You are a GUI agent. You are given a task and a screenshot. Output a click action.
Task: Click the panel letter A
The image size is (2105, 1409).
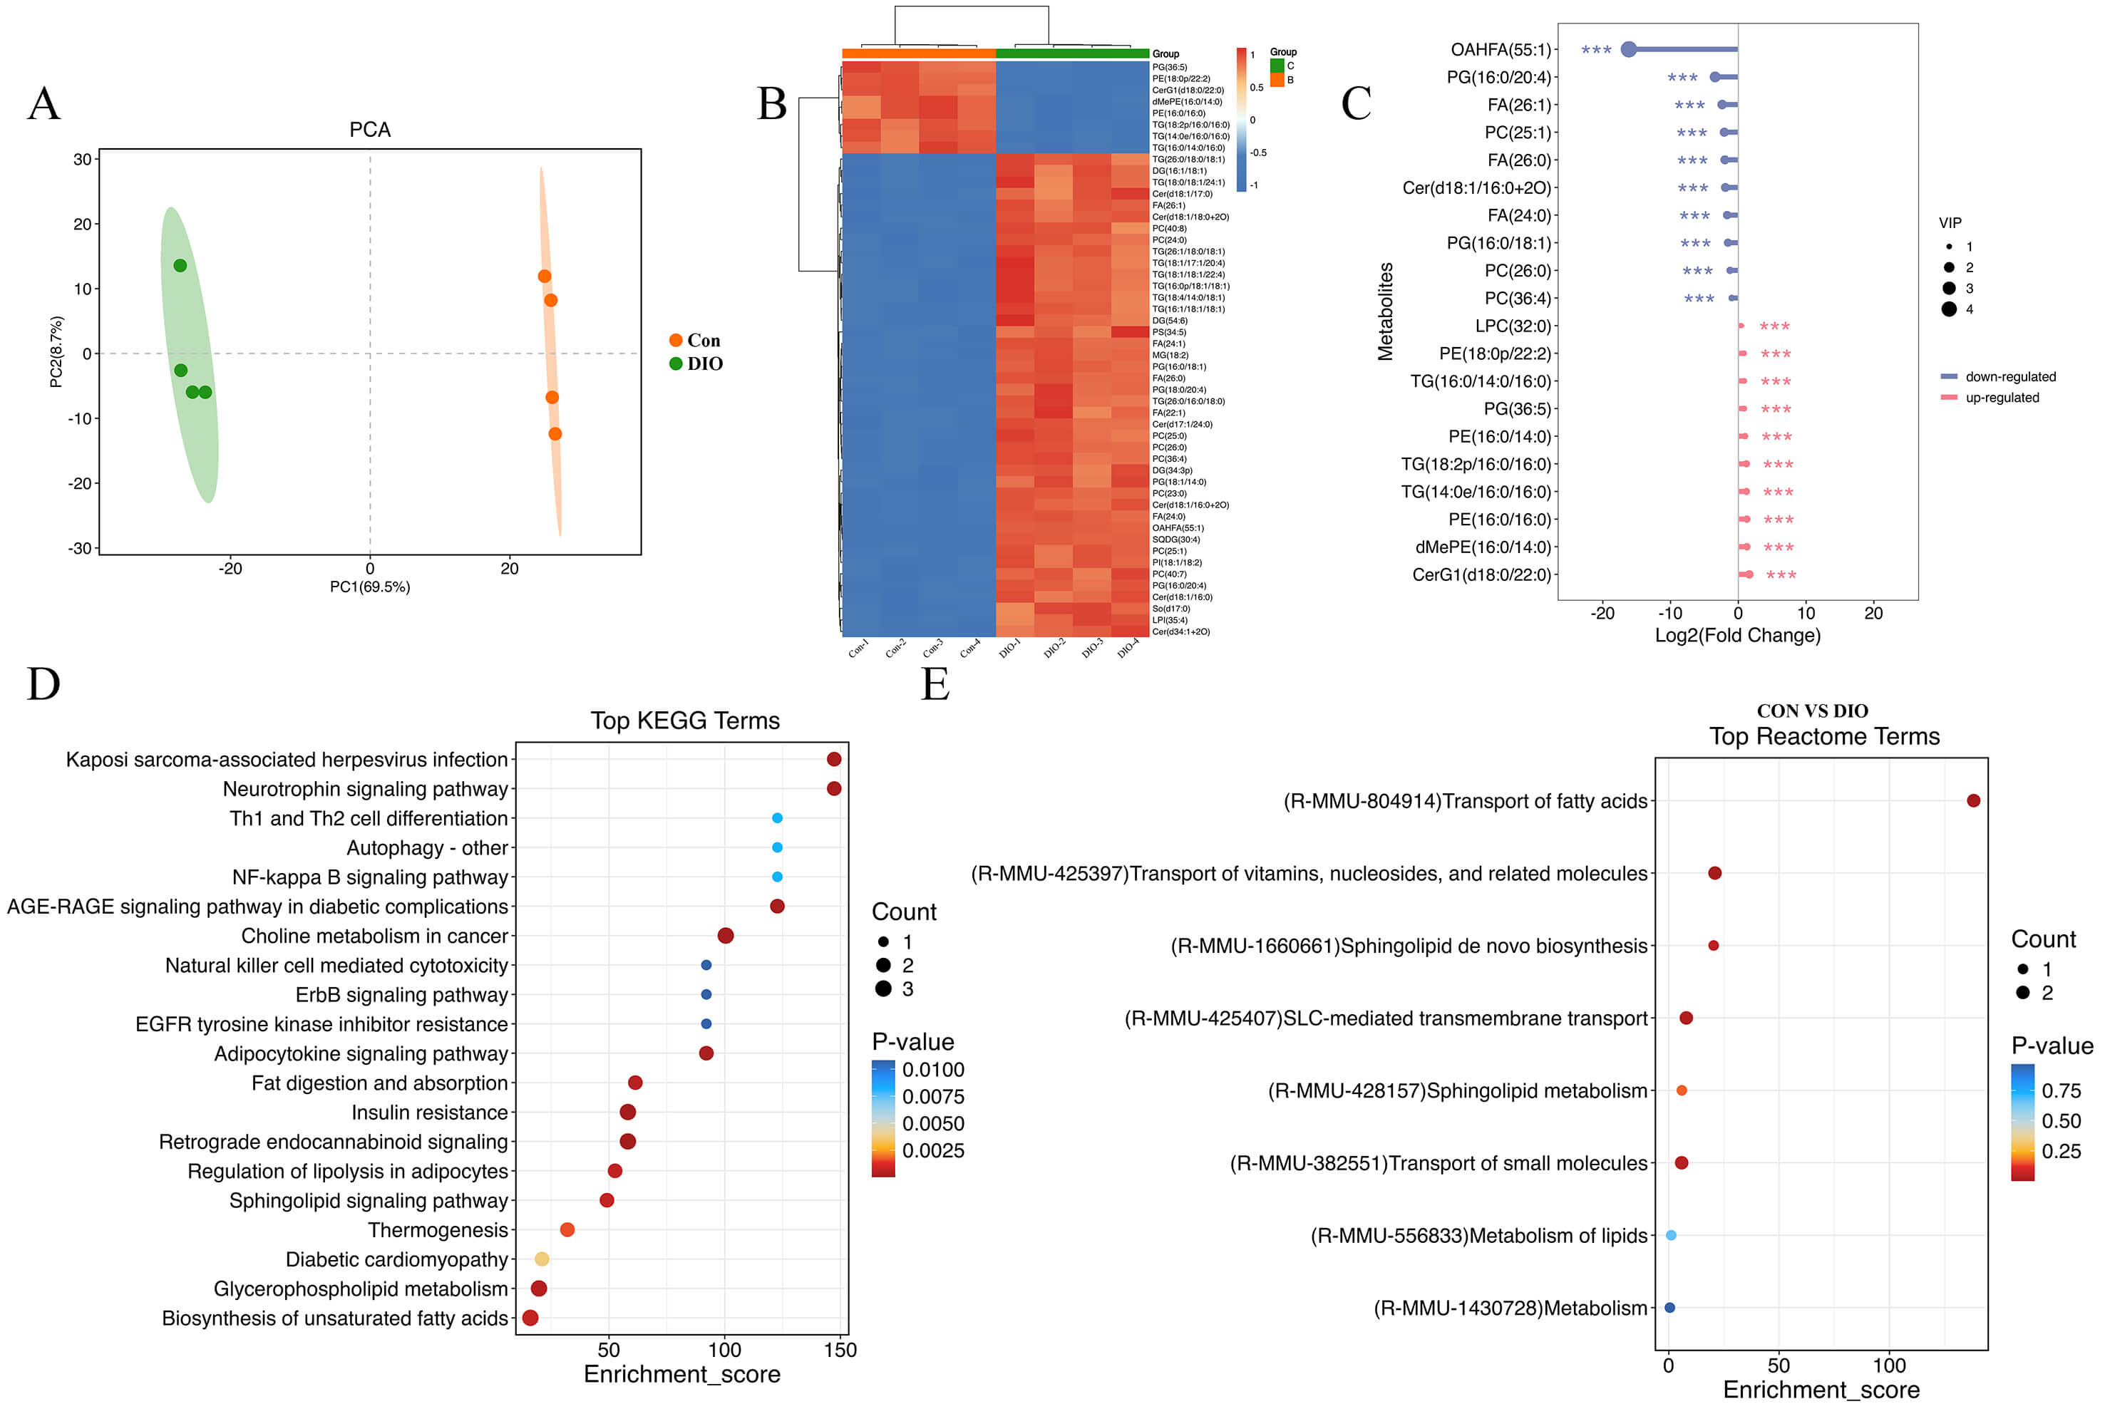[x=44, y=103]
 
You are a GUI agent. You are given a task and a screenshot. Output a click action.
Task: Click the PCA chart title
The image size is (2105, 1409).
[x=369, y=130]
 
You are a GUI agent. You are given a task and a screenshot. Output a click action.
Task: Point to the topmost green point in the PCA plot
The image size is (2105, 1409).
[x=180, y=265]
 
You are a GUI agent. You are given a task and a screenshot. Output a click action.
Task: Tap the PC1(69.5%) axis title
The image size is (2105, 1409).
[x=369, y=587]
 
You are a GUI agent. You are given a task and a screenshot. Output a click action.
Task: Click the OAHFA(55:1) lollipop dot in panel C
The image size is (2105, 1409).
[x=1627, y=49]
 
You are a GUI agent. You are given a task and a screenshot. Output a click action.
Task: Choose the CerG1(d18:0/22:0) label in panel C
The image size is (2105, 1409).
[x=1481, y=575]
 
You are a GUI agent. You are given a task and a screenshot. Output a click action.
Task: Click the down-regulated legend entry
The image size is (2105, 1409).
[x=2009, y=376]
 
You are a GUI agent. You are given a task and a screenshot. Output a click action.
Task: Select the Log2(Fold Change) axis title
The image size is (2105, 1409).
[x=1737, y=635]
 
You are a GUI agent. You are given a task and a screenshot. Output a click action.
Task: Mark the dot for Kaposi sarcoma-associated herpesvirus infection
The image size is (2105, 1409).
[x=834, y=759]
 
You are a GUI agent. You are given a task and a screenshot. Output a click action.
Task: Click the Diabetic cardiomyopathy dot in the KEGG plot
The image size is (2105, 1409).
[x=541, y=1259]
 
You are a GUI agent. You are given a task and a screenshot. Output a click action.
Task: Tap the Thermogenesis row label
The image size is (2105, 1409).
[x=438, y=1230]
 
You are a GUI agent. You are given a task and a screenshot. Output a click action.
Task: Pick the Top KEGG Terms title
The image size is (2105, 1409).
[x=685, y=721]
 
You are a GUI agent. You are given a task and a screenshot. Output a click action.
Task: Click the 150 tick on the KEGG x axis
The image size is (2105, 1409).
[x=840, y=1350]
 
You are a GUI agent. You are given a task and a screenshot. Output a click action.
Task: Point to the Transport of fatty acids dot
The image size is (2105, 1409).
[x=1973, y=800]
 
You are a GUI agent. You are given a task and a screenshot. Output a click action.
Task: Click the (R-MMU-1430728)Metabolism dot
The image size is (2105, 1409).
[x=1669, y=1308]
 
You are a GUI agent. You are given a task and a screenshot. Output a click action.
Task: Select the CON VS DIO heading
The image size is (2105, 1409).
[x=1812, y=711]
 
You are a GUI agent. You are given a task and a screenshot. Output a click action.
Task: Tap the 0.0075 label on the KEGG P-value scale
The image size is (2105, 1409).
[x=933, y=1096]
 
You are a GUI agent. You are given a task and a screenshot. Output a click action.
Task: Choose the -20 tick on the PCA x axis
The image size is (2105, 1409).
[x=230, y=568]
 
